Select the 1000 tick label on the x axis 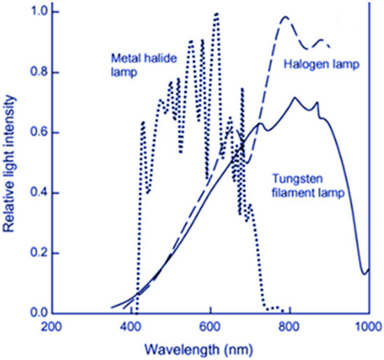pyautogui.click(x=367, y=326)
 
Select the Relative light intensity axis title pyautogui.click(x=10, y=163)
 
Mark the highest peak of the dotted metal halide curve pyautogui.click(x=216, y=14)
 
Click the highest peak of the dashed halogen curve pyautogui.click(x=285, y=17)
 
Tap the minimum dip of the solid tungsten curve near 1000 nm pyautogui.click(x=364, y=273)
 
